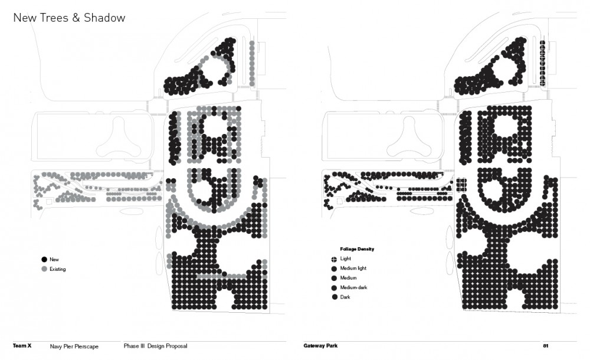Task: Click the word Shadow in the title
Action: [104, 18]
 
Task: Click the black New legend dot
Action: [44, 260]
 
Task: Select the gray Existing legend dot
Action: [44, 269]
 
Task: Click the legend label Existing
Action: [58, 269]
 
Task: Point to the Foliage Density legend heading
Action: [357, 249]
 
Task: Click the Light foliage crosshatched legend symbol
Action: [334, 259]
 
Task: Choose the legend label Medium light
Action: [353, 268]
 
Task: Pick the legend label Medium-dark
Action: [353, 287]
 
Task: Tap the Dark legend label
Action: [345, 297]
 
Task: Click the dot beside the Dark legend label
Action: [334, 297]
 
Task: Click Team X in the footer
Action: [22, 346]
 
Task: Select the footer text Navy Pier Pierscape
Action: [74, 346]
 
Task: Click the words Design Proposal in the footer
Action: [168, 346]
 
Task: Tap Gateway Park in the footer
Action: [320, 346]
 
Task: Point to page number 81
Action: [546, 346]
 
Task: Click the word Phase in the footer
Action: [132, 346]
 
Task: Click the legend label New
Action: [54, 260]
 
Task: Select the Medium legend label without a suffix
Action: [349, 278]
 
